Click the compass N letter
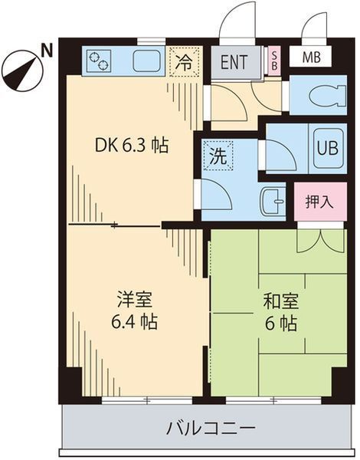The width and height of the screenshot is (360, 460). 47,51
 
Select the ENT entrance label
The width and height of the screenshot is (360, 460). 235,61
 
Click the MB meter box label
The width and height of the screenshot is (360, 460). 311,58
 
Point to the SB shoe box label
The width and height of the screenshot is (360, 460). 275,60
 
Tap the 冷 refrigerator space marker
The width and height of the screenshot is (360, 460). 184,61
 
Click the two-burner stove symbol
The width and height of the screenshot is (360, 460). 100,60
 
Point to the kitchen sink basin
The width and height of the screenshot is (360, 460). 146,60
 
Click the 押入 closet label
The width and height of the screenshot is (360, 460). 320,203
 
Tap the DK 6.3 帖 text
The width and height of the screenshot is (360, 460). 131,145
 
